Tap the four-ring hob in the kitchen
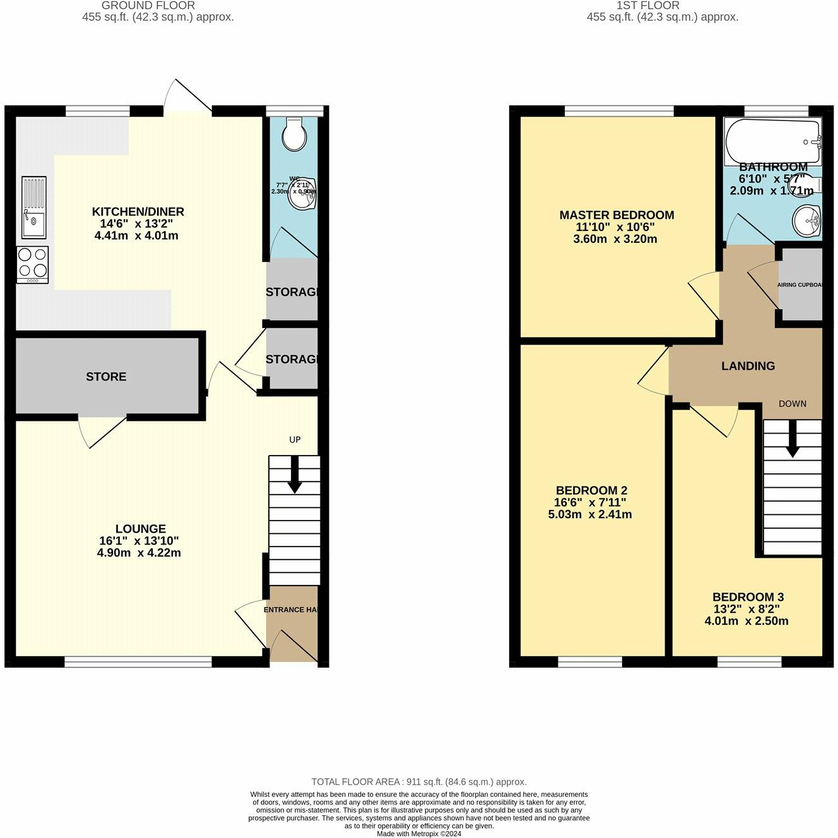point(33,263)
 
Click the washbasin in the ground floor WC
point(301,194)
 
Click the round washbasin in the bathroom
point(806,221)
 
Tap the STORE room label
point(106,377)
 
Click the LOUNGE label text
point(140,529)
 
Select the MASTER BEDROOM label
point(617,215)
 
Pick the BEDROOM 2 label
point(591,490)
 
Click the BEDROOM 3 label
point(748,597)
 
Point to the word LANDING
point(748,366)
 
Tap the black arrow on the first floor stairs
point(792,440)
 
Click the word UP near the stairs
point(295,440)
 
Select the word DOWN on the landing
point(792,404)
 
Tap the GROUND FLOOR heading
point(148,6)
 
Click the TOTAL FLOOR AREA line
point(419,782)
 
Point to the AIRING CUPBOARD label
point(800,285)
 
